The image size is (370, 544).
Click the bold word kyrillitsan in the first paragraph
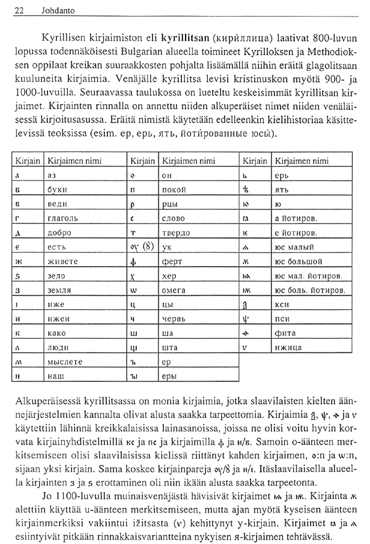coord(183,33)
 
